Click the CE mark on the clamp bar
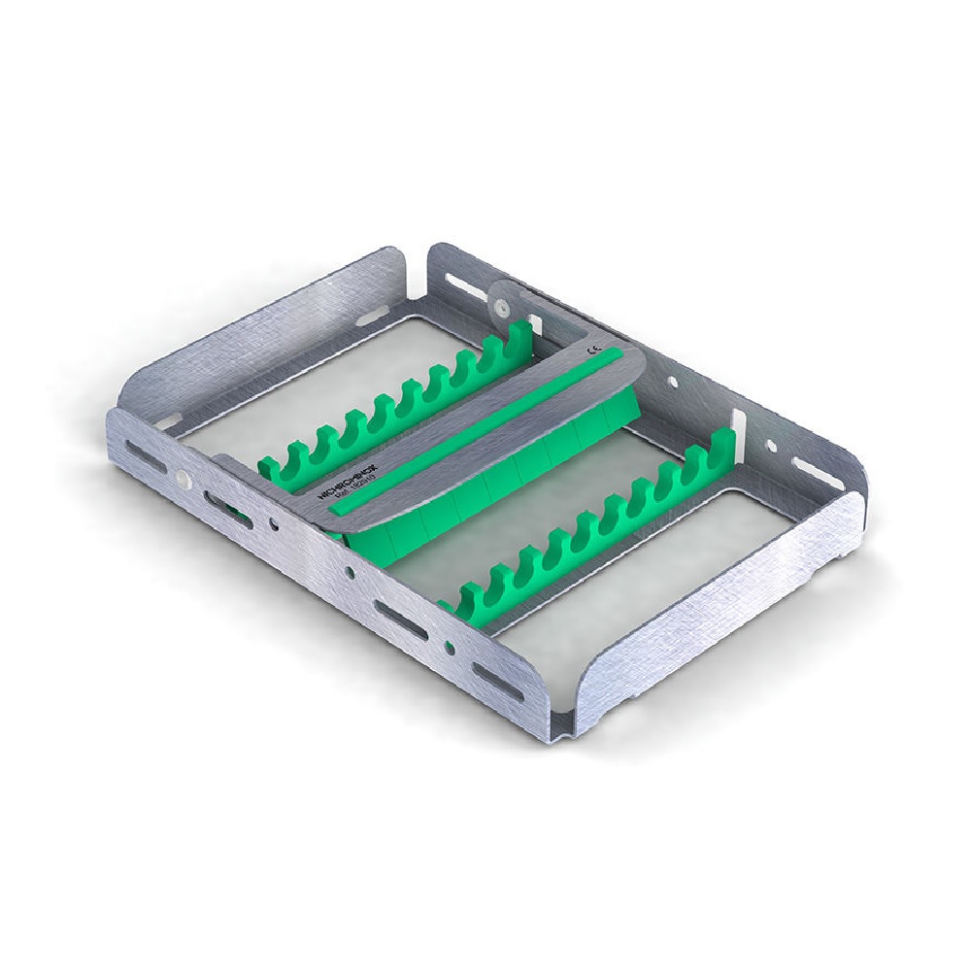[596, 356]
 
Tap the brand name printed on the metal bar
[352, 483]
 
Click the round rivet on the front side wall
[182, 479]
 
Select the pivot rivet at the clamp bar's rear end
[500, 306]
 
